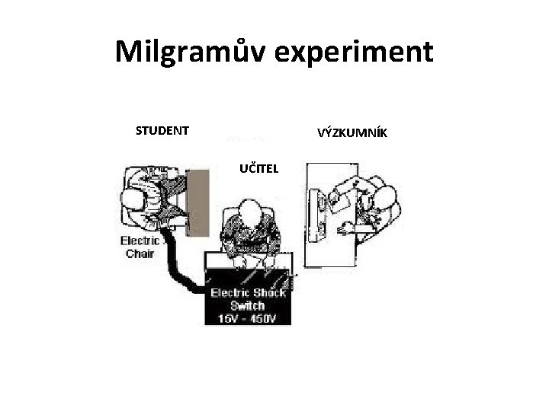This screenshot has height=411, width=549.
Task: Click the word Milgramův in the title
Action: pyautogui.click(x=195, y=52)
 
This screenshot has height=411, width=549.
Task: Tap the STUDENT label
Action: pyautogui.click(x=162, y=131)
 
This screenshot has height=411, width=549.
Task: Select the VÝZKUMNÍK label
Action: pyautogui.click(x=352, y=134)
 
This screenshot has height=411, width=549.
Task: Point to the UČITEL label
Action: pyautogui.click(x=259, y=167)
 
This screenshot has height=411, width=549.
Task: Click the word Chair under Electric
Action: pyautogui.click(x=140, y=254)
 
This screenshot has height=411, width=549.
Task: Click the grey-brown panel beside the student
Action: pyautogui.click(x=197, y=202)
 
